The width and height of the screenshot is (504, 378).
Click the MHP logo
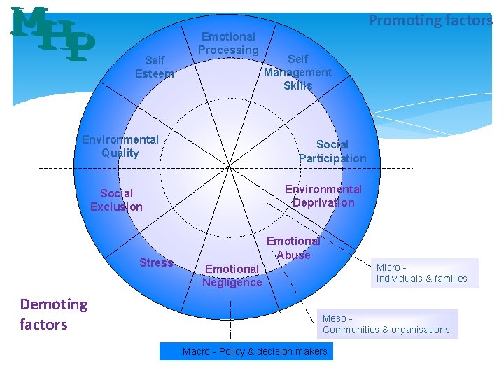click(x=53, y=33)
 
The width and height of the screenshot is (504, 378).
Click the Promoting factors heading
click(x=430, y=20)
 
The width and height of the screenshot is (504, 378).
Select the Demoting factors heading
click(x=54, y=314)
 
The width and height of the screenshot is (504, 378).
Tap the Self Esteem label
click(x=155, y=66)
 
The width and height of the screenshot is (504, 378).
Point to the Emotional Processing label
click(x=228, y=43)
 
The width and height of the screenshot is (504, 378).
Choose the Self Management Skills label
click(x=297, y=72)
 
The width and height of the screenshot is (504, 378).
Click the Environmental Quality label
click(x=120, y=146)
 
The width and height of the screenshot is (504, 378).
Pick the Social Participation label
click(x=332, y=151)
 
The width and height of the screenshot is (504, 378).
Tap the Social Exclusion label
click(x=116, y=199)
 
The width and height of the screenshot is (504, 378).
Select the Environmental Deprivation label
click(x=323, y=196)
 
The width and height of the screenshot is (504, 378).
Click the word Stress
click(x=156, y=262)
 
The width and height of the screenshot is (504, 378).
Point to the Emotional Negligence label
click(x=232, y=275)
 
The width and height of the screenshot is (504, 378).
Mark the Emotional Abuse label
click(x=293, y=248)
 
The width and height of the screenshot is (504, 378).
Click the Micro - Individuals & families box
click(x=426, y=273)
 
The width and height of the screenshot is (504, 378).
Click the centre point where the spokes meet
click(x=230, y=166)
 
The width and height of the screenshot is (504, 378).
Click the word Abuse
click(x=293, y=255)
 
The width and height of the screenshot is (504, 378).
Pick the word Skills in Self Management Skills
click(x=298, y=85)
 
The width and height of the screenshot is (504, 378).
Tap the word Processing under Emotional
click(x=228, y=50)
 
